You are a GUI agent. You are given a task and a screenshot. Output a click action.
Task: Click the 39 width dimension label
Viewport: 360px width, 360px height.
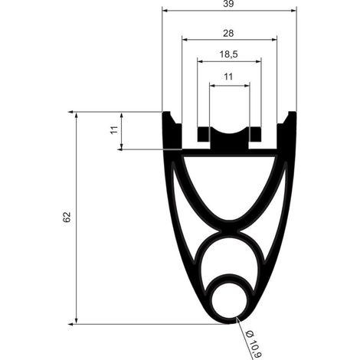[228, 4]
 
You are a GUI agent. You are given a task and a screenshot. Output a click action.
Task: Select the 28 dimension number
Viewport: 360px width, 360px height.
[228, 33]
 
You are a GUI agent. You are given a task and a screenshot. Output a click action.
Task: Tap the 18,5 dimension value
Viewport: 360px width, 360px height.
[229, 54]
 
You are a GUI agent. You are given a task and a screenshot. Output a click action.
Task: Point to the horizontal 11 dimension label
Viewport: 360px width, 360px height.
[228, 77]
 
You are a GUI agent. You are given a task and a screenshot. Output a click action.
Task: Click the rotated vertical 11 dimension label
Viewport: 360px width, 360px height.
[114, 129]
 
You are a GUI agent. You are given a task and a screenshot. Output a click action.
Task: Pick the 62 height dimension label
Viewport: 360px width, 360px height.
[67, 217]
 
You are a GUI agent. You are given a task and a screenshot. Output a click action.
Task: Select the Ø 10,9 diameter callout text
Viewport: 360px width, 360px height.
[254, 345]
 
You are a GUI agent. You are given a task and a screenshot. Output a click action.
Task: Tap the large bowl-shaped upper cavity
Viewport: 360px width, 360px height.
[230, 184]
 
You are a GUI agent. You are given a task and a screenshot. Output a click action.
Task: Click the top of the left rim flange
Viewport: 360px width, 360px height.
[166, 112]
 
